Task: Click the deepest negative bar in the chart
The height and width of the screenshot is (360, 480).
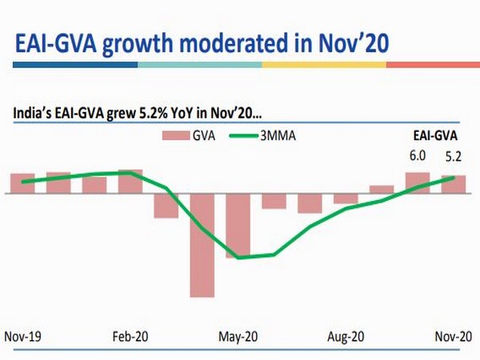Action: pyautogui.click(x=202, y=245)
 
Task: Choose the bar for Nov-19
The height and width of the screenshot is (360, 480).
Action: pyautogui.click(x=22, y=184)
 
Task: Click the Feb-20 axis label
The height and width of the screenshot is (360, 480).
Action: pyautogui.click(x=130, y=337)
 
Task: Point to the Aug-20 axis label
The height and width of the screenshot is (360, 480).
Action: pyautogui.click(x=347, y=337)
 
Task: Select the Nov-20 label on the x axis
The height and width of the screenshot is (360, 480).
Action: pyautogui.click(x=453, y=337)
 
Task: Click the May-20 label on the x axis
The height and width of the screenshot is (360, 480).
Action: pyautogui.click(x=238, y=337)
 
